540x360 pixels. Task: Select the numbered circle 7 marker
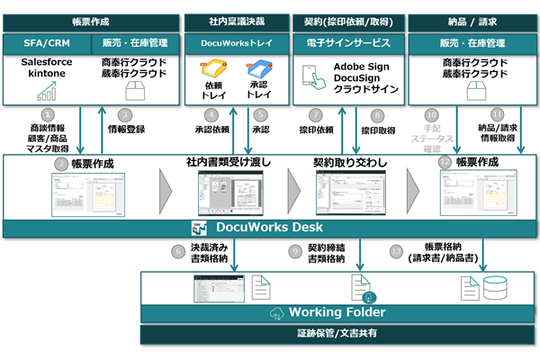click(316, 115)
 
